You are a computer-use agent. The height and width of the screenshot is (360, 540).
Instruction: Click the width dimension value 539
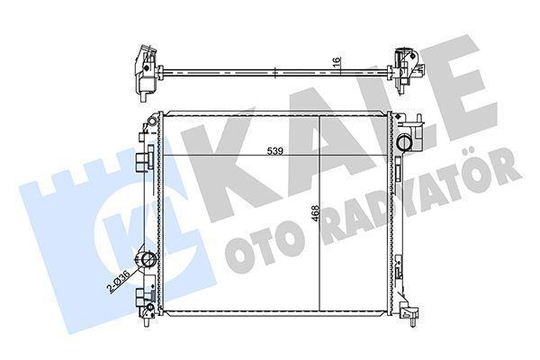tap(275, 151)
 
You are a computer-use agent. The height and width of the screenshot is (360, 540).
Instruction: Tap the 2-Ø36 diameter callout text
tap(118, 282)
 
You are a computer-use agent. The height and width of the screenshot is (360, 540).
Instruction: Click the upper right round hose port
tap(403, 143)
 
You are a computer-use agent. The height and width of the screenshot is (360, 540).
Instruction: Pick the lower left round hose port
tap(148, 260)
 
